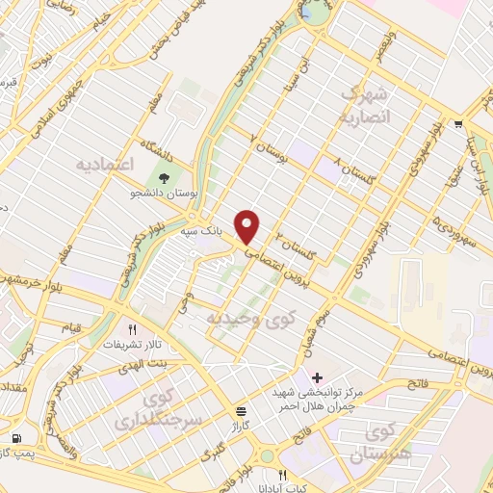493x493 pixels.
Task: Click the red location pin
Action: coord(247,226)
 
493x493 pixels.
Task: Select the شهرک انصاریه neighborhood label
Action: coord(364,106)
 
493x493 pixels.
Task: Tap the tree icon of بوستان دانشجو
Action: coord(163,177)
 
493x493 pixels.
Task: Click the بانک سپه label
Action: coord(203,232)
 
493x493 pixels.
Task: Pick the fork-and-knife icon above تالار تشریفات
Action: coord(145,328)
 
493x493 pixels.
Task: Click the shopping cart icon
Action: coord(459,123)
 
